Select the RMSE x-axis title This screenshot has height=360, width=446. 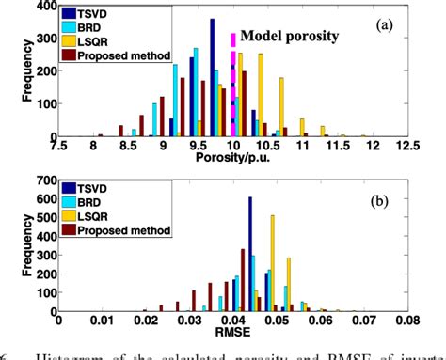pyautogui.click(x=232, y=331)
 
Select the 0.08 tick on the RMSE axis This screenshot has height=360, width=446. pyautogui.click(x=406, y=319)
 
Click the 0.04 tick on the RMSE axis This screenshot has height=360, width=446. pyautogui.click(x=232, y=319)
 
